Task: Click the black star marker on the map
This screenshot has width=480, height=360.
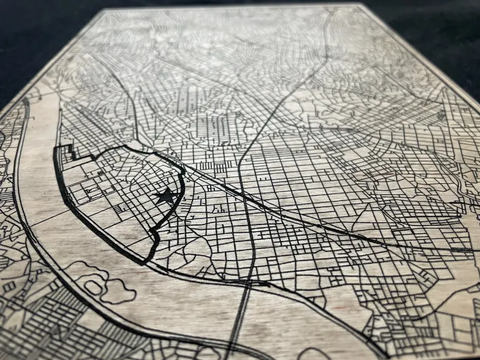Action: click(x=166, y=196)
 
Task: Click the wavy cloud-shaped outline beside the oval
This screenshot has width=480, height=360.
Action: click(x=120, y=282)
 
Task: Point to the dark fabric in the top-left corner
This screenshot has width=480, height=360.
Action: click(x=30, y=36)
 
